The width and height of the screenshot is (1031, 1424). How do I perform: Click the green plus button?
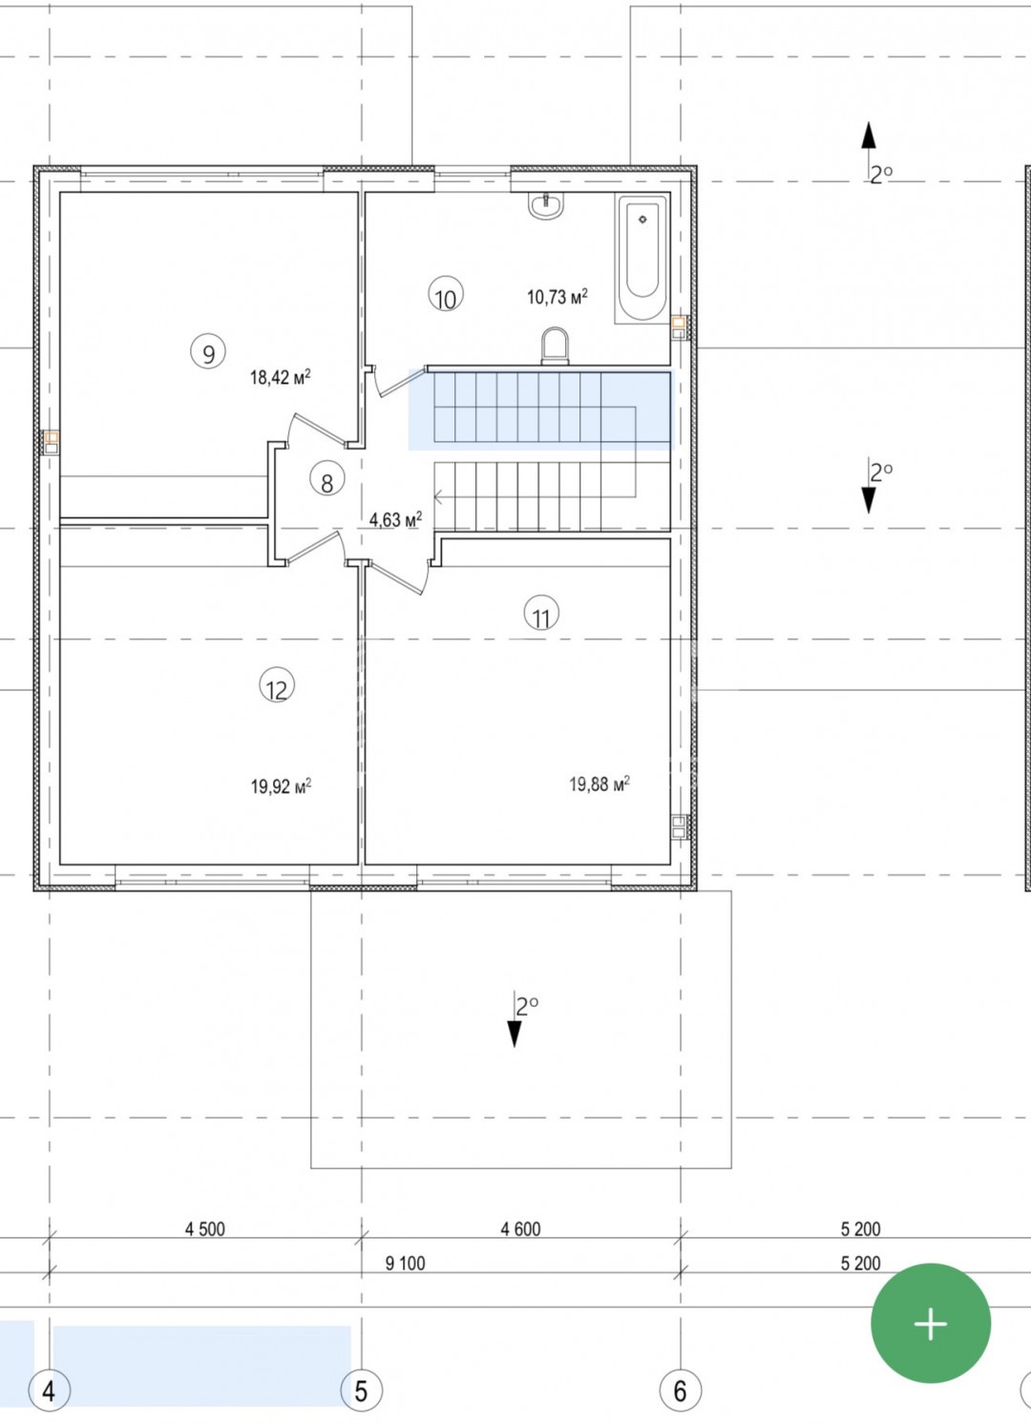(x=930, y=1323)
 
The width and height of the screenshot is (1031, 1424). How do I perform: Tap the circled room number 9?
(x=208, y=352)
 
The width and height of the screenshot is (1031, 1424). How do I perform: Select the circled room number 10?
(x=446, y=294)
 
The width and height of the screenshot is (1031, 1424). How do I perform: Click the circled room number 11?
(x=541, y=614)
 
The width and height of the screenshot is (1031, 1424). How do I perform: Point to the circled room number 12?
(x=277, y=685)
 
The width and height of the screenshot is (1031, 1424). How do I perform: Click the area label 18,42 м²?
(x=281, y=378)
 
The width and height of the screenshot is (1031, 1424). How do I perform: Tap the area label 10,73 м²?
(x=558, y=296)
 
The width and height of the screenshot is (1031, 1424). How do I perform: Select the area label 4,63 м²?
(x=395, y=519)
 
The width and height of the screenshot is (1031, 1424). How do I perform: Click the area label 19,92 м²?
(x=281, y=786)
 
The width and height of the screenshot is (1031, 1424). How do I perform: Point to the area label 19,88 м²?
(x=600, y=784)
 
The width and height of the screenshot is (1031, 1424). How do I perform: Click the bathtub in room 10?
(x=642, y=258)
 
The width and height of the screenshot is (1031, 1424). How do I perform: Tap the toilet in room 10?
(x=555, y=346)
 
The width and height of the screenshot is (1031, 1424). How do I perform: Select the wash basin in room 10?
(x=545, y=205)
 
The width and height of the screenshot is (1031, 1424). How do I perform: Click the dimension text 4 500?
(x=205, y=1229)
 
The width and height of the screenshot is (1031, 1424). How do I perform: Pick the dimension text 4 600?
(x=520, y=1229)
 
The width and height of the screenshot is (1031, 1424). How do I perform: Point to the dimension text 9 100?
(x=405, y=1263)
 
